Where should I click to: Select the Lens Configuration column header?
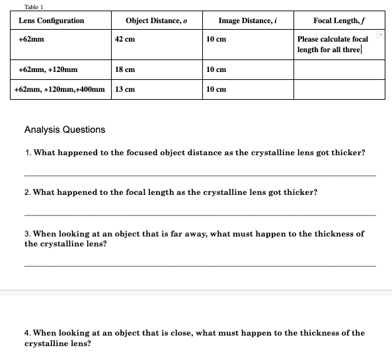click(x=52, y=20)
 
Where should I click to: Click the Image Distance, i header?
click(x=247, y=20)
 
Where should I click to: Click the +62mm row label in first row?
click(x=32, y=39)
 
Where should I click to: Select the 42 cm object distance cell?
click(x=125, y=39)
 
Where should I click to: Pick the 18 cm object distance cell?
click(x=125, y=69)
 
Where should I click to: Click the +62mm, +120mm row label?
click(x=48, y=69)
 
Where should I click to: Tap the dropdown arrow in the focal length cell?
click(x=381, y=34)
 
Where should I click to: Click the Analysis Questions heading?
click(x=64, y=129)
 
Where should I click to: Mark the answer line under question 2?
click(x=199, y=215)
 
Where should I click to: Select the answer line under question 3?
click(x=199, y=266)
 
